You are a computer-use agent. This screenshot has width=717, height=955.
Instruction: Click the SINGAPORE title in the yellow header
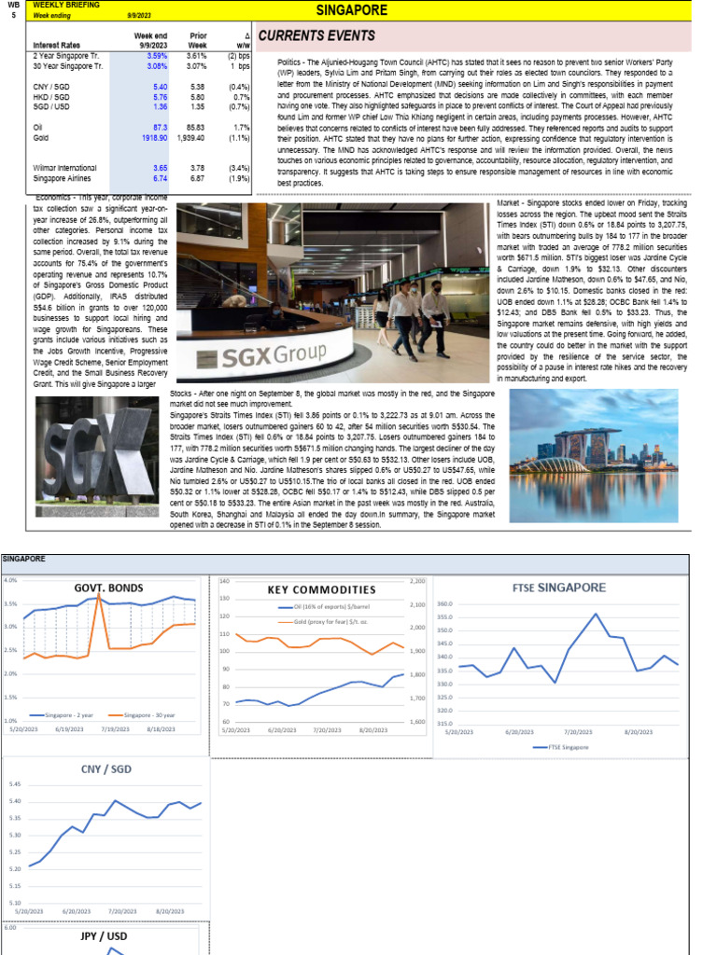click(352, 10)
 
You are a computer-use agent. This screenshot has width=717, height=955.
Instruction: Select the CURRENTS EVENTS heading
click(316, 36)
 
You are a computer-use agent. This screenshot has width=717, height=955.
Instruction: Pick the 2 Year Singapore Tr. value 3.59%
click(154, 55)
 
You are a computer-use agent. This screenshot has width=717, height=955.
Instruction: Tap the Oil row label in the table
click(39, 126)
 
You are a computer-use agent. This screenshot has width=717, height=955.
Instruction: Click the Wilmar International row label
click(65, 167)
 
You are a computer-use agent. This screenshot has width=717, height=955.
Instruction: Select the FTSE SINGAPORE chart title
click(559, 588)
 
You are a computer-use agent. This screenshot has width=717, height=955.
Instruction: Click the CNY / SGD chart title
click(105, 769)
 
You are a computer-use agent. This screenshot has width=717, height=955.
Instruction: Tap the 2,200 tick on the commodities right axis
click(416, 581)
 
